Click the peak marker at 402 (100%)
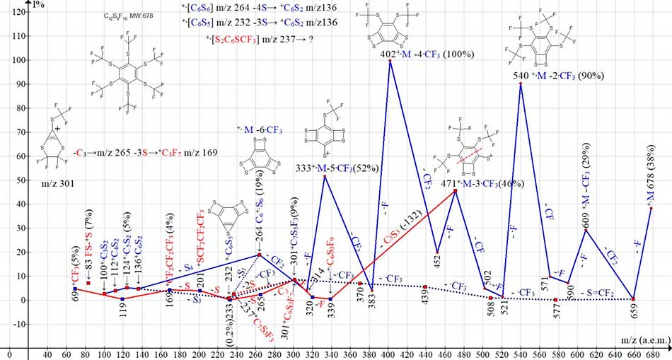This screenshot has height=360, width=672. click(390, 60)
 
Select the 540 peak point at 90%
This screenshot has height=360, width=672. click(521, 83)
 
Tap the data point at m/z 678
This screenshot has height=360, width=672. click(651, 208)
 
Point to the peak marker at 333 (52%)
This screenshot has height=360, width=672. click(324, 175)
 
